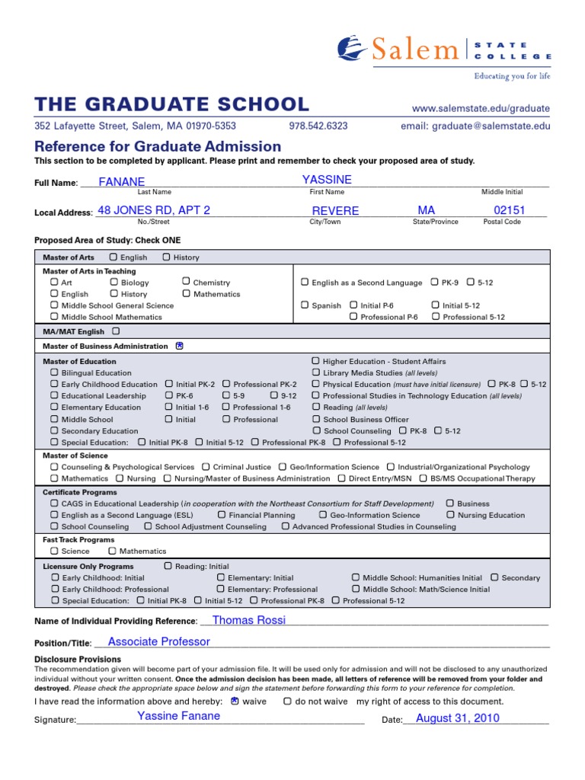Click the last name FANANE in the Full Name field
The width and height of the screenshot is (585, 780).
(122, 181)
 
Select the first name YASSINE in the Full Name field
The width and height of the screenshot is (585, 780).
(327, 179)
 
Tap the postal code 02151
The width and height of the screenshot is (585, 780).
(510, 210)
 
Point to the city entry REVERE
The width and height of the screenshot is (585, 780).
(335, 211)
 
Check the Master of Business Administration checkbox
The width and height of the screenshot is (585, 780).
(180, 346)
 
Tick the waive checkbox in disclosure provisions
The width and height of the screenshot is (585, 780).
(235, 701)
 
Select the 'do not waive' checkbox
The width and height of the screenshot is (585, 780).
(287, 701)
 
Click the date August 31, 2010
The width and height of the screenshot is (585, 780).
(457, 718)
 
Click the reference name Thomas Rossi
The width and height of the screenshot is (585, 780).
(249, 620)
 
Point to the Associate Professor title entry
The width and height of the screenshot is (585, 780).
(158, 641)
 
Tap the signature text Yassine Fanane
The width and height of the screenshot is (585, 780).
(178, 715)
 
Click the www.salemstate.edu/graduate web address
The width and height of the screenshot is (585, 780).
(481, 109)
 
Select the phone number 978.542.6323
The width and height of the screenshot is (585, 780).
(318, 126)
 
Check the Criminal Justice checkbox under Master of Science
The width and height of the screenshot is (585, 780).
(206, 467)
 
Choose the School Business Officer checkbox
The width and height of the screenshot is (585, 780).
(316, 419)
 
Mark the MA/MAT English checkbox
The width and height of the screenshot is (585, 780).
(116, 331)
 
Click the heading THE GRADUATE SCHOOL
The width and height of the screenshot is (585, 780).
(172, 105)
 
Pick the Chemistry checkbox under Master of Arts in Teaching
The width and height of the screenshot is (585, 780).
(186, 282)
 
